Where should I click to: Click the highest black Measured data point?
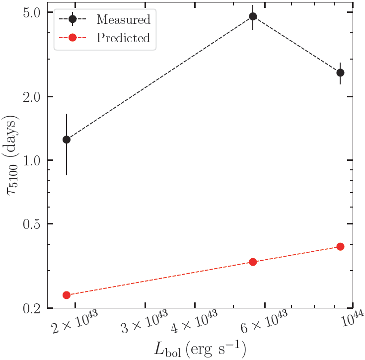click(x=253, y=16)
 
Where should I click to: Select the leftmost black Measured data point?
click(x=67, y=140)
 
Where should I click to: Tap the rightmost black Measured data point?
click(x=340, y=72)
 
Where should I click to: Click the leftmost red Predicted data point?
click(x=67, y=295)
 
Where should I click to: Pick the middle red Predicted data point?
click(x=253, y=262)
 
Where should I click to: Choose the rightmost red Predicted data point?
click(x=340, y=246)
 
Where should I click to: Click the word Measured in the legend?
click(x=123, y=20)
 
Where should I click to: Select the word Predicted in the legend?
click(x=123, y=38)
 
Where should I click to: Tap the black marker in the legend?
click(x=73, y=20)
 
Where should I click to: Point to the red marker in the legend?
click(x=73, y=38)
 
